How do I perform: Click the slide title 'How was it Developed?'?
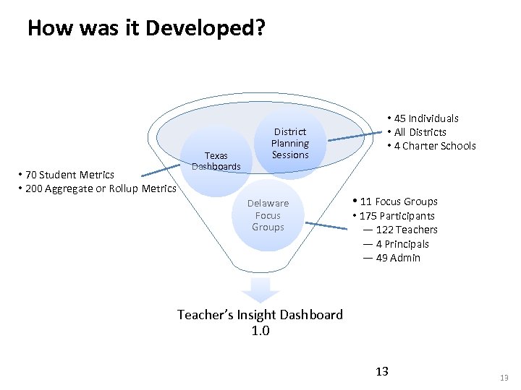[146, 28]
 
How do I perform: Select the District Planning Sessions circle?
[289, 143]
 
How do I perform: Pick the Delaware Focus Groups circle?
[268, 215]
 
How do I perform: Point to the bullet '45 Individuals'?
[426, 118]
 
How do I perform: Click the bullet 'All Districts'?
[420, 132]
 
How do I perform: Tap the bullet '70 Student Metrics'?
[69, 175]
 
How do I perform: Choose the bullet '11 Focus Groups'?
[399, 201]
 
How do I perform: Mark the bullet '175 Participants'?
[397, 216]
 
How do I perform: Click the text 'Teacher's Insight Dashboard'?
[260, 315]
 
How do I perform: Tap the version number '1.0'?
[260, 331]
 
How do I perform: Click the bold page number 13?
[382, 371]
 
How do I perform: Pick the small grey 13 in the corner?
[504, 378]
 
